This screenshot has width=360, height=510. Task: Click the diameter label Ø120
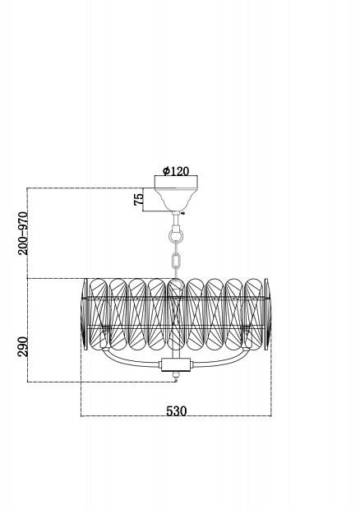176,171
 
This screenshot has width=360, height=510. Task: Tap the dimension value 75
138,199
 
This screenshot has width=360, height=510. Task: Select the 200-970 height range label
23,233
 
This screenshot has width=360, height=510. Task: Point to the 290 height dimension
23,346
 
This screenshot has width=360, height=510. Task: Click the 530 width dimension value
177,411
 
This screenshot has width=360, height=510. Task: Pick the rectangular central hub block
177,365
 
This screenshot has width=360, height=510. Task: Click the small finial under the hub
177,377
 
